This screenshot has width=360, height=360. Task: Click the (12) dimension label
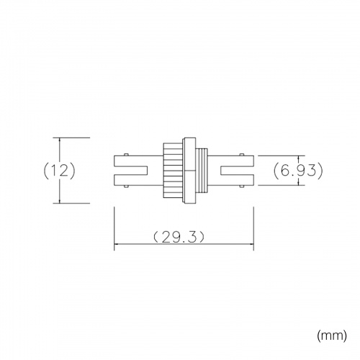coord(59,171)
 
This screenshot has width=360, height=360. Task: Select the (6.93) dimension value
coord(298,171)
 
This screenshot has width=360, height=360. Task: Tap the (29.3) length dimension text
coord(179,237)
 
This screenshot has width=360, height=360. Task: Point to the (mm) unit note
coord(332,335)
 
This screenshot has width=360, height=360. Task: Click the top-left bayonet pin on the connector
coord(126,155)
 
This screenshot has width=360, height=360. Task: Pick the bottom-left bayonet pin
coord(126,186)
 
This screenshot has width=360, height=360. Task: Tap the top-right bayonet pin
coord(242,155)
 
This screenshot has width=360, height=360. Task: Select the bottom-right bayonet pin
coord(242,186)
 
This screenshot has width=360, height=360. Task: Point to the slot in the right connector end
coord(237,171)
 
